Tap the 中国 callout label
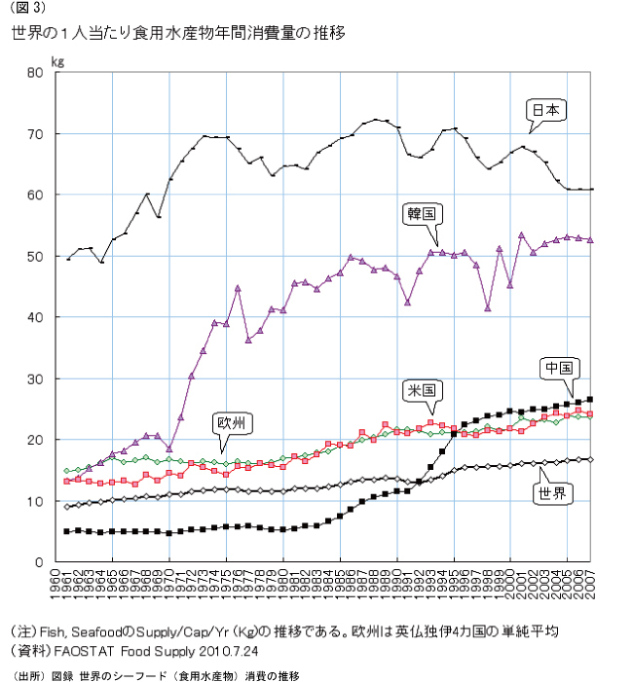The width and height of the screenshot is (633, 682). (559, 368)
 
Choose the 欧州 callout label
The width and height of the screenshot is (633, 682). (234, 422)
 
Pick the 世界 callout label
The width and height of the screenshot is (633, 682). (553, 493)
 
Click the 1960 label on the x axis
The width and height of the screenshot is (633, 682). (56, 585)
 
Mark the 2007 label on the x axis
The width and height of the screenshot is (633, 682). (591, 585)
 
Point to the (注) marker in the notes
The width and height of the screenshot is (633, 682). (21, 629)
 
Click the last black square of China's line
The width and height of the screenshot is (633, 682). (591, 399)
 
